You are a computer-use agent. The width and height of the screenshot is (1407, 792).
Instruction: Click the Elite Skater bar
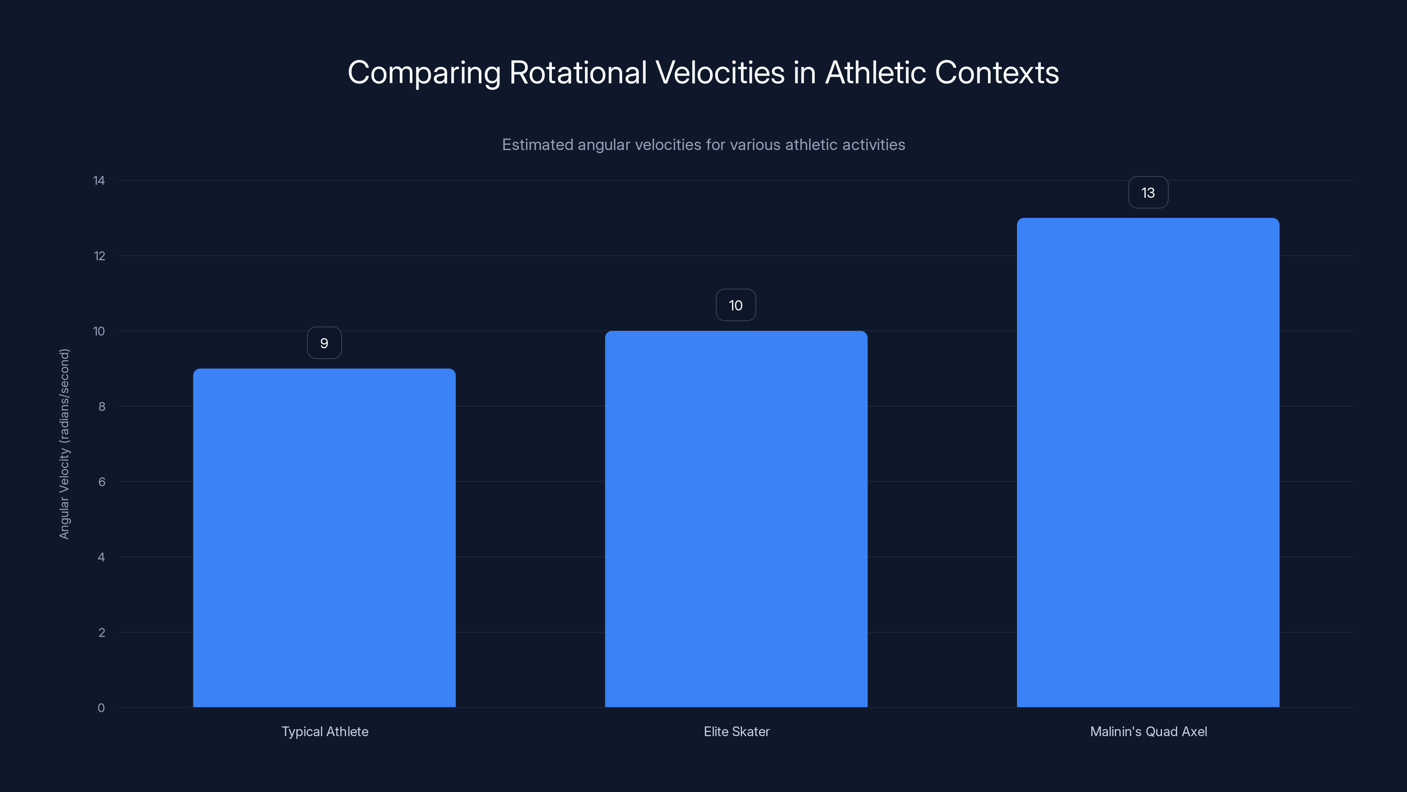(736, 519)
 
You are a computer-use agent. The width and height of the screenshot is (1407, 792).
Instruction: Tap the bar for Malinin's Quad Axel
(1148, 462)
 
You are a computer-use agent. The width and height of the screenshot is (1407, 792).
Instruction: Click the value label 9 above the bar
(324, 343)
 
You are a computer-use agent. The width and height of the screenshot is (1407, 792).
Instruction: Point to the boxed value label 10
(736, 305)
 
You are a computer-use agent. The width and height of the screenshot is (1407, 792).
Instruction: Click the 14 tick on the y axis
(99, 181)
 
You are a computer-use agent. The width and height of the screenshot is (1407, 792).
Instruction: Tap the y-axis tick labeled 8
(102, 407)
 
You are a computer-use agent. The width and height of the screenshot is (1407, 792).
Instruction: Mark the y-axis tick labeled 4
(102, 557)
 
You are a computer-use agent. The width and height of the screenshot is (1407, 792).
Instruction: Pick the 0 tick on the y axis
(101, 708)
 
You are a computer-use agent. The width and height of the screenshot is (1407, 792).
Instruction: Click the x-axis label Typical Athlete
(324, 732)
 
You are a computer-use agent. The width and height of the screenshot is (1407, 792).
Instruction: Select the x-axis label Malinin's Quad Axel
(1148, 732)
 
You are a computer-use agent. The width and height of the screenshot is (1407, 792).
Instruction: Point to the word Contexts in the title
(997, 73)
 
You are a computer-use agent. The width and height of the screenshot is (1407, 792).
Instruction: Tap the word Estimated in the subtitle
(537, 145)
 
